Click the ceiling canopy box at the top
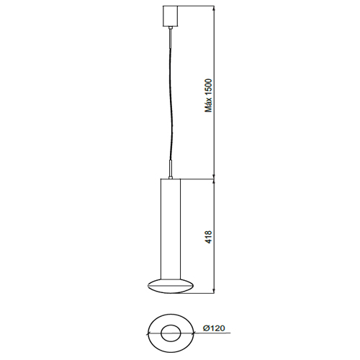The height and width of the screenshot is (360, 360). pyautogui.click(x=171, y=16)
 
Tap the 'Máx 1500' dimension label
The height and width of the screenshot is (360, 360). pyautogui.click(x=208, y=95)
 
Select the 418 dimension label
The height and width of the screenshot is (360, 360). pyautogui.click(x=209, y=237)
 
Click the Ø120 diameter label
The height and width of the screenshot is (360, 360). pyautogui.click(x=214, y=328)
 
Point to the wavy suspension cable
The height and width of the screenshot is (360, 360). pyautogui.click(x=171, y=101)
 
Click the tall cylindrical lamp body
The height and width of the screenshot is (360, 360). pyautogui.click(x=171, y=228)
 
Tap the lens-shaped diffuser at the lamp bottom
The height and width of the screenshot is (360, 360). pyautogui.click(x=171, y=286)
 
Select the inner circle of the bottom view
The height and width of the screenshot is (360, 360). pyautogui.click(x=171, y=333)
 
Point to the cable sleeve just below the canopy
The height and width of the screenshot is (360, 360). pyautogui.click(x=171, y=35)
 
